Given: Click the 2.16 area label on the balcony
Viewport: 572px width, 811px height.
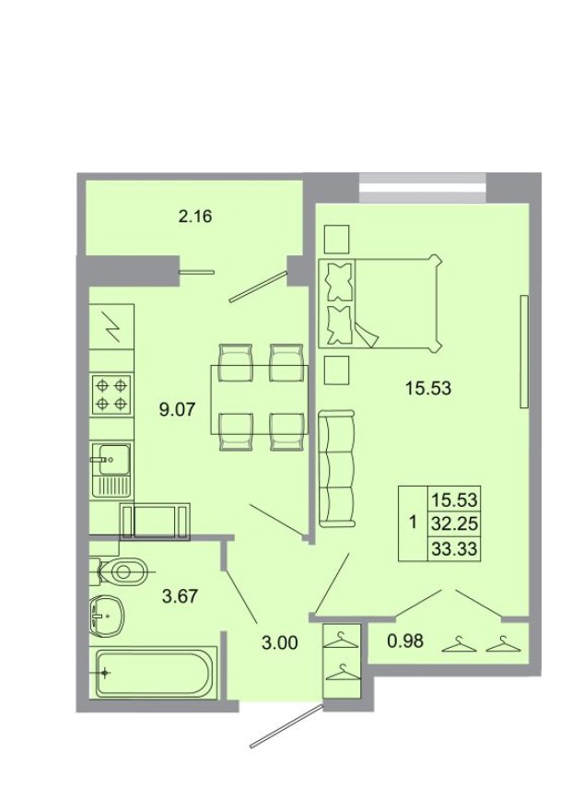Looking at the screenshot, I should coord(195,217).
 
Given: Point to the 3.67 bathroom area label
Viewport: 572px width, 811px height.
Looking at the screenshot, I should coord(181,595).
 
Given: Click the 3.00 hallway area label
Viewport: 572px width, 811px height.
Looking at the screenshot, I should coord(279,643).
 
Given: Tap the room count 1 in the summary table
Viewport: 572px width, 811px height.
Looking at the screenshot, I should coord(412,523).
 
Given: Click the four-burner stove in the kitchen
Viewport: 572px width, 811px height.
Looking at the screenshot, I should coord(112,395).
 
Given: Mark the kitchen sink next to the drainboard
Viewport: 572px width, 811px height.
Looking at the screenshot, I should coord(111,455).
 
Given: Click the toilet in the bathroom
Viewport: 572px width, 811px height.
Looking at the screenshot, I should coord(120,572).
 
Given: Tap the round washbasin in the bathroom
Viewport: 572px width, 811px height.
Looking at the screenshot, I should coord(111,613).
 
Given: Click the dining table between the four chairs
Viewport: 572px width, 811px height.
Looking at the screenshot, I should coord(260,396).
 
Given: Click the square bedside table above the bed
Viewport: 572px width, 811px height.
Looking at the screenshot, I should coord(337,239).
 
